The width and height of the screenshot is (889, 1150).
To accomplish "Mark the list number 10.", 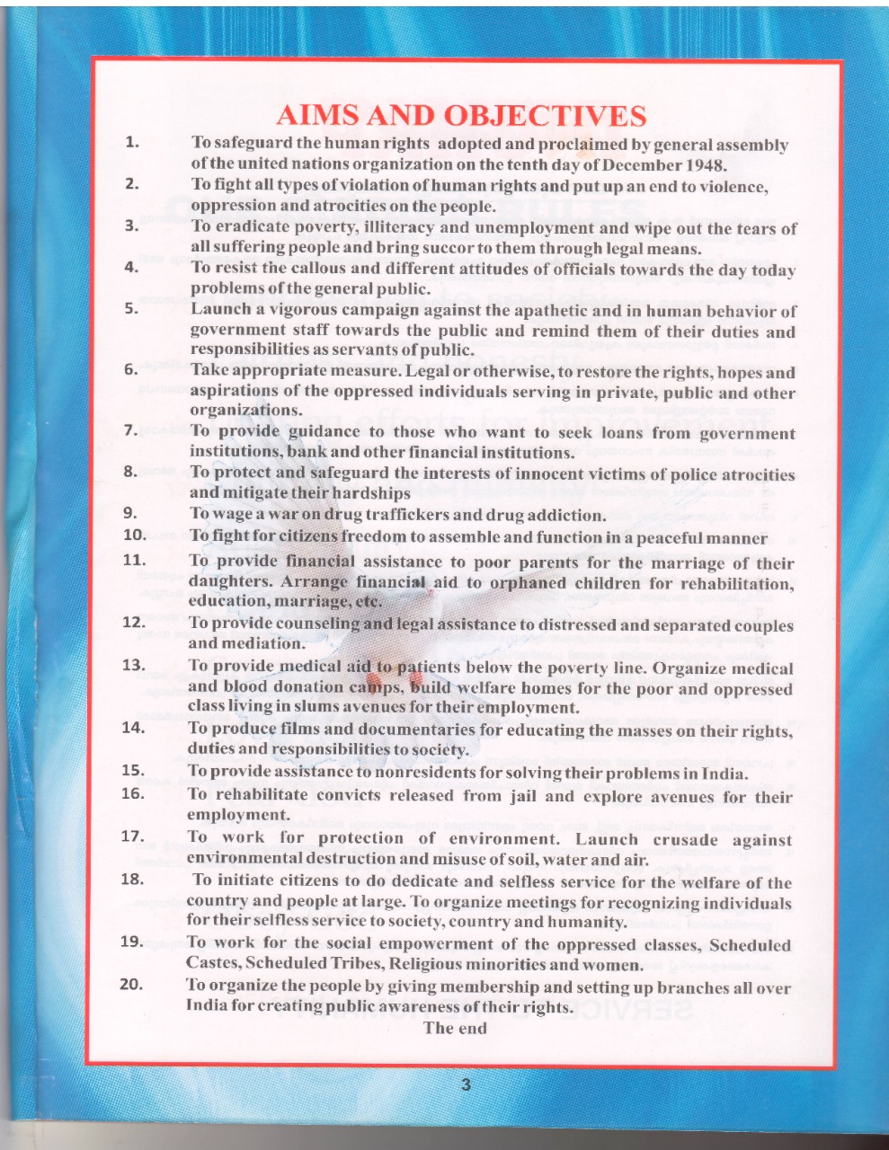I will pos(134,535).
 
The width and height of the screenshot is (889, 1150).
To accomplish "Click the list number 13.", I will pos(133,665).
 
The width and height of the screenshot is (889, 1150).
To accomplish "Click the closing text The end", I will pos(455,1029).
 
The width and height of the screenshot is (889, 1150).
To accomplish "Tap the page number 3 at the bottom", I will pos(465,1085).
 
